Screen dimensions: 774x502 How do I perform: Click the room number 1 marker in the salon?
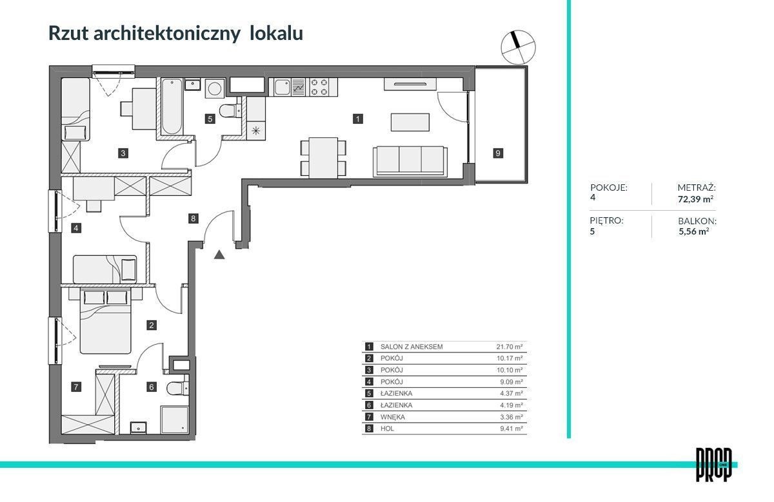(x=357, y=119)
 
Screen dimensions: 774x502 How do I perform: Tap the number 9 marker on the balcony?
(x=497, y=153)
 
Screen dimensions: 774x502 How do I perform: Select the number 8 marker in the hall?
(x=193, y=218)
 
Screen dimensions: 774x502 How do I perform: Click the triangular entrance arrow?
(x=219, y=255)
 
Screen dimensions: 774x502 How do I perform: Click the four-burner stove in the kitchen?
(x=319, y=87)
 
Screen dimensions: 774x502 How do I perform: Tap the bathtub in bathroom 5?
(x=172, y=107)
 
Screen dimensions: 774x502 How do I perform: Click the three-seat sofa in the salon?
(x=410, y=161)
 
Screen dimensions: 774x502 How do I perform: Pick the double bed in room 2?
(x=105, y=321)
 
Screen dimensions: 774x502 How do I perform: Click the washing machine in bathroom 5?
(x=215, y=88)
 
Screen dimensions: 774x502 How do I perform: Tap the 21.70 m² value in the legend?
(x=510, y=347)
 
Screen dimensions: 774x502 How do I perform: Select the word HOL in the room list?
(x=387, y=429)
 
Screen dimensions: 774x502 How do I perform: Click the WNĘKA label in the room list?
(x=393, y=417)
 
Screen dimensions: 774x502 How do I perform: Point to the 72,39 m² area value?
(x=695, y=199)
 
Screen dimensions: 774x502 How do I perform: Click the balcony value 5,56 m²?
(x=694, y=231)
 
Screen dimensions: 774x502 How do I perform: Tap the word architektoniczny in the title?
(x=167, y=34)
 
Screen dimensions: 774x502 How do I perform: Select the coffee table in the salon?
(x=410, y=122)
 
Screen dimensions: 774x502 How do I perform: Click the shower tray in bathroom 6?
(x=175, y=420)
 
